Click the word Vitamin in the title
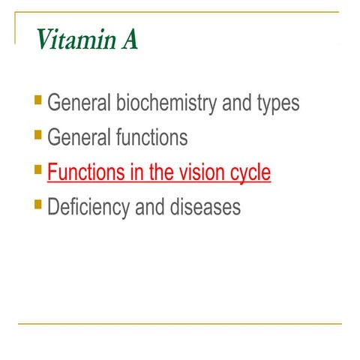(x=70, y=40)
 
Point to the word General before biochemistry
(x=79, y=103)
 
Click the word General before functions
(x=79, y=137)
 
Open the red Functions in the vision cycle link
(x=158, y=172)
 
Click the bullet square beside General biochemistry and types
(x=38, y=100)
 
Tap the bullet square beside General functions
(x=38, y=134)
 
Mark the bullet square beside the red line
(x=38, y=169)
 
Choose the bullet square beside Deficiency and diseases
(x=38, y=203)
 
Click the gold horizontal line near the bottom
(x=180, y=324)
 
